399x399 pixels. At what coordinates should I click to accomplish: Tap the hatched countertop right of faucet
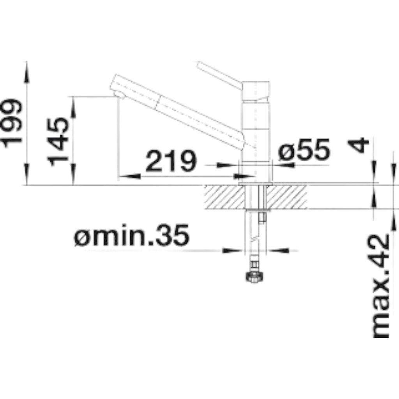point(288,197)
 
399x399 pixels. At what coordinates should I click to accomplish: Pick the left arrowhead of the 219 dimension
point(129,176)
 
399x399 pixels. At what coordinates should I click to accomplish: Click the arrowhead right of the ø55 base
point(286,165)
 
